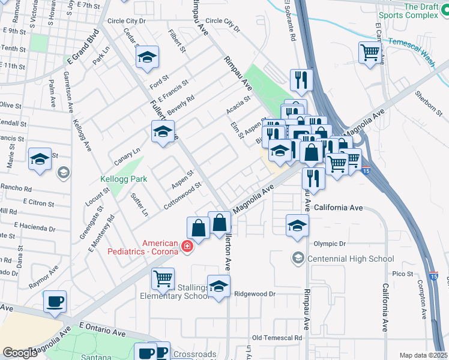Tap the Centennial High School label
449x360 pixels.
(x=351, y=259)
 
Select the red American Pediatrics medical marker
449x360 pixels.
(x=187, y=246)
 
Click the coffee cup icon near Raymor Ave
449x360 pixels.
(x=55, y=301)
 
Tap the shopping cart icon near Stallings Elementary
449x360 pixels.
(x=163, y=278)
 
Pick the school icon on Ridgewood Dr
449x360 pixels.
(x=219, y=286)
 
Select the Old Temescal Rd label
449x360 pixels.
(x=277, y=338)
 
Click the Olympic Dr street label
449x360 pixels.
(x=330, y=244)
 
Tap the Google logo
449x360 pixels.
(x=20, y=353)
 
